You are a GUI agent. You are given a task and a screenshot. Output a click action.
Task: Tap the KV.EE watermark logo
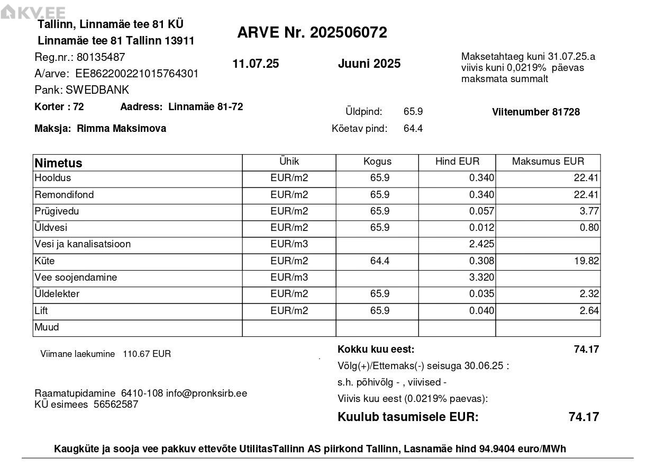tap(33, 13)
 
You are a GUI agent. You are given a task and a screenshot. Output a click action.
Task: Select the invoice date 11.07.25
tap(256, 64)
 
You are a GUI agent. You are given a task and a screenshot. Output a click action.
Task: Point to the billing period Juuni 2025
tap(369, 64)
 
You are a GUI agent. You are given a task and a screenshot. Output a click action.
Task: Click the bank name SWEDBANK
tap(97, 90)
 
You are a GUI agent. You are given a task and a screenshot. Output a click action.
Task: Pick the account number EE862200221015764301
tap(137, 74)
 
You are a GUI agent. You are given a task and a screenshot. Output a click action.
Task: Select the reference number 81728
tap(566, 112)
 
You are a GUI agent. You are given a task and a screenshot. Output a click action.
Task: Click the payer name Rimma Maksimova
tap(121, 129)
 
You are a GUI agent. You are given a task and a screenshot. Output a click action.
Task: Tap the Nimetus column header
tap(58, 163)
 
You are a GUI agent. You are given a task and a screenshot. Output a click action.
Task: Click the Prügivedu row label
tap(57, 211)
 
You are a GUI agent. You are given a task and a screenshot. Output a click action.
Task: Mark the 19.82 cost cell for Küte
tap(586, 261)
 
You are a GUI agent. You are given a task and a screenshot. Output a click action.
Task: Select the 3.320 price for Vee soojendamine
tap(481, 278)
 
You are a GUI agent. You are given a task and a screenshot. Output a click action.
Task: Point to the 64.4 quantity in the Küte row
tap(380, 261)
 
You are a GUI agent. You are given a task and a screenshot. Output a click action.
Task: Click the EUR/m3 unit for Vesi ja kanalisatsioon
tap(289, 244)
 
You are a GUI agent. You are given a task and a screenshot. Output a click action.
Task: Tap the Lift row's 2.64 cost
tap(589, 311)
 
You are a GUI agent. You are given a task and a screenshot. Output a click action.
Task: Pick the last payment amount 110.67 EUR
tap(147, 354)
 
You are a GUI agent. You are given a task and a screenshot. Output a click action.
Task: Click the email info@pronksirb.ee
tap(206, 393)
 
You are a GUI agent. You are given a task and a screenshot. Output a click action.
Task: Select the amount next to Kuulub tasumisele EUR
tap(584, 417)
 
